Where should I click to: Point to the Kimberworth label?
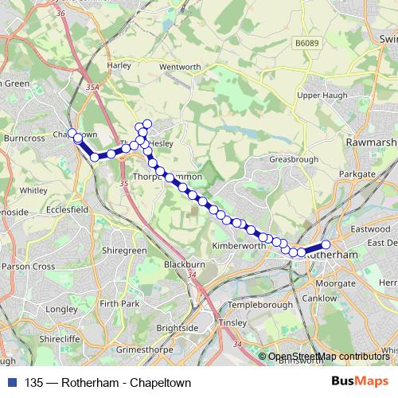[x=238, y=247]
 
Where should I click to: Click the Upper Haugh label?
[x=318, y=96]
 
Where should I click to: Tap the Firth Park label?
[x=119, y=304]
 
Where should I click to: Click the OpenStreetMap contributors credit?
[x=328, y=357]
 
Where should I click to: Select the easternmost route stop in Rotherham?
[x=326, y=245]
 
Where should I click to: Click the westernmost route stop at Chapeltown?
[x=72, y=133]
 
